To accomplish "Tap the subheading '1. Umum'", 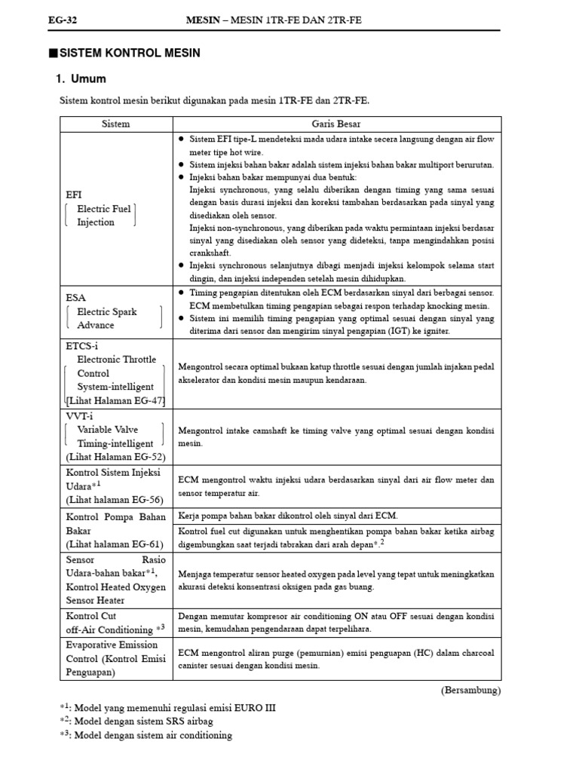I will click(x=81, y=79).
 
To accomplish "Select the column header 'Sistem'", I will click(x=115, y=124).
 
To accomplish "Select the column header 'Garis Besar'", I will click(x=337, y=124).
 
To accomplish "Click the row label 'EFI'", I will click(x=74, y=195).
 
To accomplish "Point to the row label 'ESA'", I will click(x=76, y=298).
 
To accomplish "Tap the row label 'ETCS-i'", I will click(x=82, y=345).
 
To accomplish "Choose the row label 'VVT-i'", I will click(x=80, y=415).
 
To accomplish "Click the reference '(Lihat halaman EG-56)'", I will click(x=114, y=499).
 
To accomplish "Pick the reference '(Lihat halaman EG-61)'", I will click(x=114, y=544).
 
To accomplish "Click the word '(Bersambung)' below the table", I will click(x=470, y=690).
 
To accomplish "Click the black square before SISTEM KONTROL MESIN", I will click(x=52, y=54).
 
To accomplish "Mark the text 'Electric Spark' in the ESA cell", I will click(x=107, y=311).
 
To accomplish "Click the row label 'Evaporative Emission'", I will click(x=112, y=645).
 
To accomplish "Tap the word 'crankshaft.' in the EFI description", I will click(x=210, y=253).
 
